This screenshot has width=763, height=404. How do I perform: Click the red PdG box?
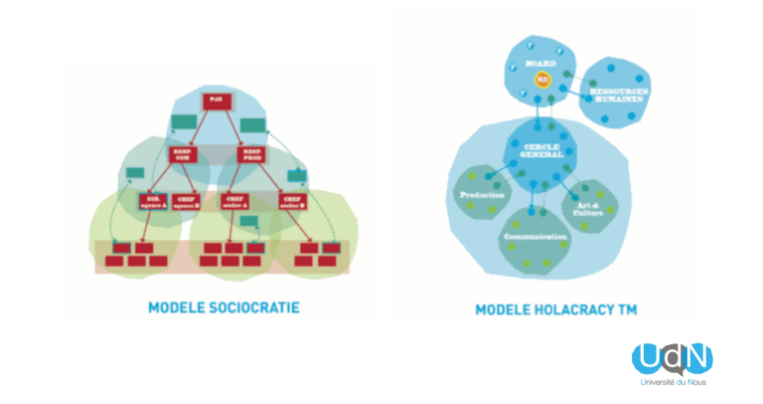217,100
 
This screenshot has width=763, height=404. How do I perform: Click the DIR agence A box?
153,201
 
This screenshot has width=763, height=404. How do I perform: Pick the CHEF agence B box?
187,201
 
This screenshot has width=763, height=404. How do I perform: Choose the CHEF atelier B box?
291,201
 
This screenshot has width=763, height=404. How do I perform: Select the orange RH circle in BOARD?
542,79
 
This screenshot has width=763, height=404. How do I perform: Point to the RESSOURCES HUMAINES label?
619,93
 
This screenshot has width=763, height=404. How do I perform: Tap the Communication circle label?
534,237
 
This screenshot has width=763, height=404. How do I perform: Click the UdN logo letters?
672,358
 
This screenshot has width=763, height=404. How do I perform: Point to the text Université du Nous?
673,382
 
